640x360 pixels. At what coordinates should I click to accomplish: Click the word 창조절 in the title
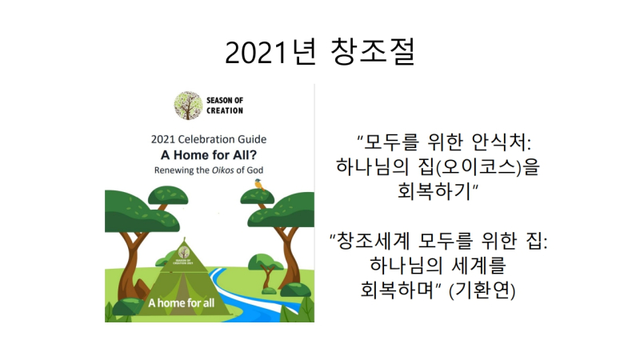373,52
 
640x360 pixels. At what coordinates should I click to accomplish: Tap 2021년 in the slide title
271,52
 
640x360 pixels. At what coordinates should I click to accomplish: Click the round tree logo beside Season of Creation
188,106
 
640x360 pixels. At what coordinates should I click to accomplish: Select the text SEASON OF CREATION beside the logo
225,106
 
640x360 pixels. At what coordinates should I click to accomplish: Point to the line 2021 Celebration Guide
209,139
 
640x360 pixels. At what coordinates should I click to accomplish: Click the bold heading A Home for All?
209,155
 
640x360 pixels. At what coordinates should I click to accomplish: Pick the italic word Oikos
223,170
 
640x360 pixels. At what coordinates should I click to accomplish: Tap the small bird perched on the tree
259,185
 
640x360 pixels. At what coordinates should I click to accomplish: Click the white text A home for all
182,303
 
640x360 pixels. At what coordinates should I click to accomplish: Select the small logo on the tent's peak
184,253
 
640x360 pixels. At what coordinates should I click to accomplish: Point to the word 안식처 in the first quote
502,142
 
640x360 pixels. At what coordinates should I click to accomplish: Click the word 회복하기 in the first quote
434,190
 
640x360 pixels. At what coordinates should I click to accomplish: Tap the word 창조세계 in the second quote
373,241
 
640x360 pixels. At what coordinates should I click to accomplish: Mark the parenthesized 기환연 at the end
482,290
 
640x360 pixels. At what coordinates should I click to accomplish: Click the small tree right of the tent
267,268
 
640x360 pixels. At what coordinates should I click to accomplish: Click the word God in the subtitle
254,170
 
